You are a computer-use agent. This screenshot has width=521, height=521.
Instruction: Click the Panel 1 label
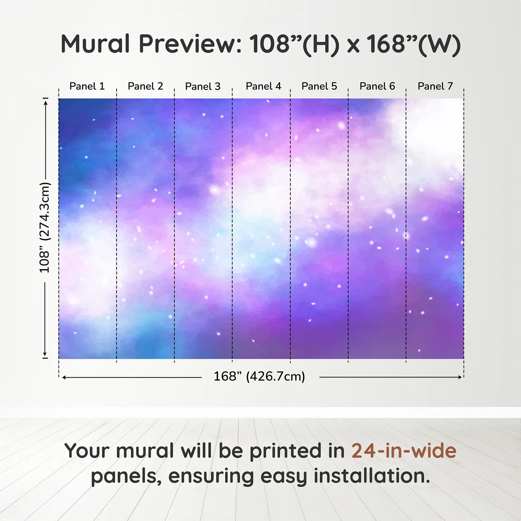[x=87, y=86]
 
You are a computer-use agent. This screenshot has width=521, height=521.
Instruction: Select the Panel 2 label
[x=146, y=86]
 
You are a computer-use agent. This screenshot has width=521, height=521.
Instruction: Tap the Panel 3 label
[x=203, y=86]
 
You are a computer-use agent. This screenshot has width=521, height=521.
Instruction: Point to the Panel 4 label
[x=263, y=86]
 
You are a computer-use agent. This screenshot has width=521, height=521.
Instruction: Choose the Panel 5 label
[x=319, y=86]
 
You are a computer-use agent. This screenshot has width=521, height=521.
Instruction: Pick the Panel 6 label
[x=377, y=86]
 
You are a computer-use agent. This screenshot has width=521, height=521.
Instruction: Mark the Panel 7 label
[x=435, y=86]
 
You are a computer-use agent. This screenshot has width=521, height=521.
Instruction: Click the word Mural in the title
[x=95, y=44]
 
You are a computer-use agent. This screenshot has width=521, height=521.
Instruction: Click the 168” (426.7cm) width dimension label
[x=259, y=376]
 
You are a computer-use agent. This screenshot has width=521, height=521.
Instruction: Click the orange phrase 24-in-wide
[x=404, y=451]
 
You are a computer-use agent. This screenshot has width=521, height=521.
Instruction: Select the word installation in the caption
[x=372, y=476]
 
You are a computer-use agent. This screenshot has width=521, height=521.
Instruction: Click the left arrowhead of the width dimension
[x=64, y=377]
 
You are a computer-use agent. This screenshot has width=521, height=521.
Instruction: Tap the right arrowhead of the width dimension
[x=460, y=377]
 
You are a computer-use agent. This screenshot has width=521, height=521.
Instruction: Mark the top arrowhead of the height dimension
[x=46, y=103]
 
